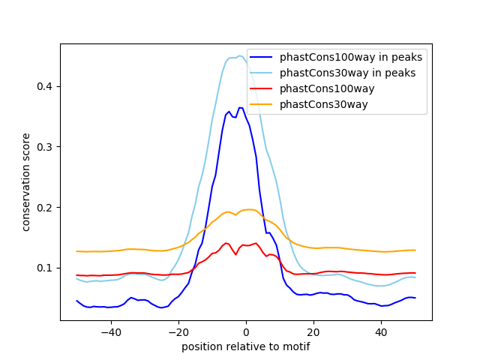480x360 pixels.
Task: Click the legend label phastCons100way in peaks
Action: (351, 57)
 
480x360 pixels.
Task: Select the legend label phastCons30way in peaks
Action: (347, 73)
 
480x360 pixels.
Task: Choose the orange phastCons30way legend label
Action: (324, 104)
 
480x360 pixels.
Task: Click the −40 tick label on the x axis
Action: (110, 331)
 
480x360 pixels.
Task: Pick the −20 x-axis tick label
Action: (178, 331)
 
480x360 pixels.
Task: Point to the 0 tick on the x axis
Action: (246, 331)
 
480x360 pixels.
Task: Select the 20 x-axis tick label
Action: (313, 331)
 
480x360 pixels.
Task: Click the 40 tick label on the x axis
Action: (381, 331)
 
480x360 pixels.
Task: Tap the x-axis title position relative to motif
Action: (246, 346)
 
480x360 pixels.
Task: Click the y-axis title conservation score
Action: (26, 182)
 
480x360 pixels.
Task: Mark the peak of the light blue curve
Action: (239, 55)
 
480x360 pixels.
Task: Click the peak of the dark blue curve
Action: (240, 108)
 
